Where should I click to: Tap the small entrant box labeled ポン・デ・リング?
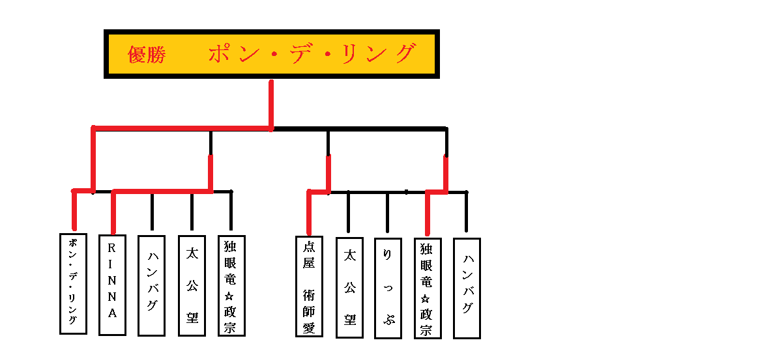coord(73,283)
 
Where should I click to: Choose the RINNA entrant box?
coord(112,285)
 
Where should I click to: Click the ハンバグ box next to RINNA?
coord(151,285)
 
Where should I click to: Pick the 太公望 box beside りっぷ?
coord(349,287)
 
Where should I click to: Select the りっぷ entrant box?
coord(388,288)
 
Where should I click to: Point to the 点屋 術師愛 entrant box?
coord(309,286)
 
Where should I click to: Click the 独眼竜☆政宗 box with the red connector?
coord(428,288)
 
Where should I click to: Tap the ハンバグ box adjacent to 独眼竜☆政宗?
coord(467,288)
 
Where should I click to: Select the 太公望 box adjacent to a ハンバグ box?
coord(192,285)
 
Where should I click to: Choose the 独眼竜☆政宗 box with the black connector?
coord(231,285)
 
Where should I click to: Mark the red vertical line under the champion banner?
coord(271,104)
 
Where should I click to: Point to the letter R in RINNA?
coord(112,247)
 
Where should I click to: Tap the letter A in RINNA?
coord(112,314)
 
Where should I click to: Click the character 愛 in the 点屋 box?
coord(309,327)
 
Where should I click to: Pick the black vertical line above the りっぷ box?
coord(388,212)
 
